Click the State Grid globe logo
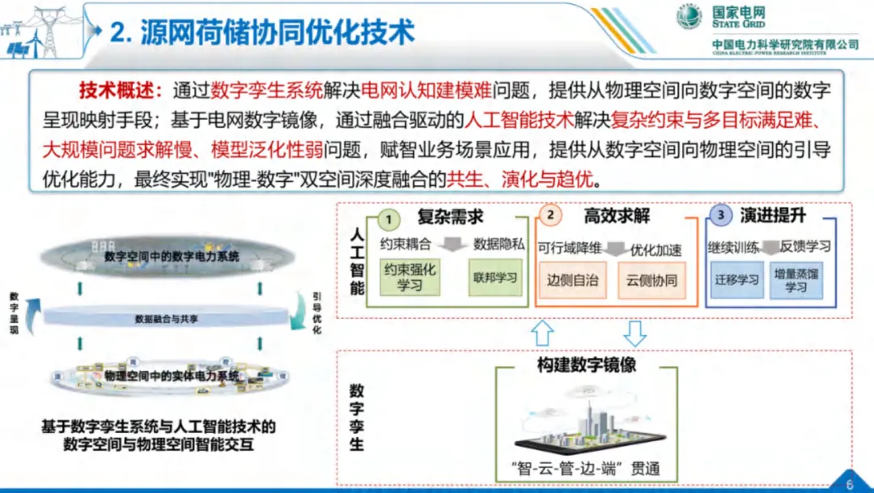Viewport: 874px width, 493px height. [689, 16]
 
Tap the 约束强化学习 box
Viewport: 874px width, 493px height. [409, 277]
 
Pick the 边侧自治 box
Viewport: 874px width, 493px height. [572, 281]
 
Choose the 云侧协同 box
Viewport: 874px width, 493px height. [651, 281]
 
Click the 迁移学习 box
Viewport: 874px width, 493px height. [737, 280]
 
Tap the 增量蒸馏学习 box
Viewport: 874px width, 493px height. [796, 280]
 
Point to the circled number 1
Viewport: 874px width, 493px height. [389, 219]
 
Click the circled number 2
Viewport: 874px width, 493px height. [551, 215]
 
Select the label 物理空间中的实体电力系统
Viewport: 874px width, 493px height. [172, 376]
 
